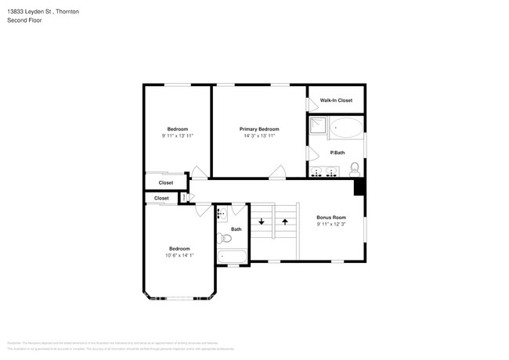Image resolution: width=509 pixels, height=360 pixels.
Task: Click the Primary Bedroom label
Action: coord(258,128)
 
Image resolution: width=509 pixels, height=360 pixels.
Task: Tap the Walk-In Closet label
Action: coord(335,100)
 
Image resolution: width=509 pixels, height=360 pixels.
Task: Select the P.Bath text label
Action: coord(337,152)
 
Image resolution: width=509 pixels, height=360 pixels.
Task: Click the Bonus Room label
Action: coord(330,217)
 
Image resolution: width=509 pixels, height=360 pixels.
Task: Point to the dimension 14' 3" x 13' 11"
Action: coord(258,136)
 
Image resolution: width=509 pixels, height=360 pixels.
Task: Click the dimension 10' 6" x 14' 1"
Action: coord(179,255)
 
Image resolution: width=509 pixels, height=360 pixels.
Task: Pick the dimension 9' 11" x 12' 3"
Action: coord(330,225)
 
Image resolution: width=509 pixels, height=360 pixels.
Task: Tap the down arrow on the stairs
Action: coord(262,221)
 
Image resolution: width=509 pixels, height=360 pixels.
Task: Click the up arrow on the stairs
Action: coord(285,221)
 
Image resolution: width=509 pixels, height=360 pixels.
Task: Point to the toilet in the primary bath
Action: coord(354,167)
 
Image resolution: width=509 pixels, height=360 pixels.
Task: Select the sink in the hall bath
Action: coord(221,213)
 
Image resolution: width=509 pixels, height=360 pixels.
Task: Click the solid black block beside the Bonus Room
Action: coord(359,187)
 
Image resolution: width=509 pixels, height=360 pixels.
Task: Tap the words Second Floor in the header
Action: coord(26,20)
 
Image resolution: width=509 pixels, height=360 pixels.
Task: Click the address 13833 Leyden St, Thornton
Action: coord(42,12)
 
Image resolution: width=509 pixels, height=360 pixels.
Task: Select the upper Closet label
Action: coord(165,182)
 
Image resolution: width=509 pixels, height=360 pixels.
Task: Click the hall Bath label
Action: coord(236,229)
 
